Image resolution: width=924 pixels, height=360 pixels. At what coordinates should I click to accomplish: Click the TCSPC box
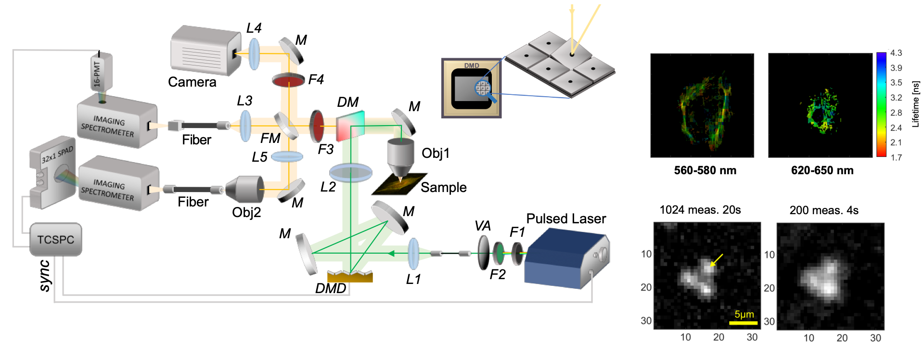[56, 239]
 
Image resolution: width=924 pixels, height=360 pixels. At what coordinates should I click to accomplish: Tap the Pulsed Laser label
[566, 219]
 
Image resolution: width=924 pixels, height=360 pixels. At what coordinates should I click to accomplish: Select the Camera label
[192, 82]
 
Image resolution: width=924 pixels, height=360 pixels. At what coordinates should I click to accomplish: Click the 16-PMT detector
[101, 72]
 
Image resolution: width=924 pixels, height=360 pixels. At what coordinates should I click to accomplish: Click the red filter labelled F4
[288, 80]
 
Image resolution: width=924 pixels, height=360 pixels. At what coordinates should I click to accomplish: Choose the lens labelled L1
[413, 253]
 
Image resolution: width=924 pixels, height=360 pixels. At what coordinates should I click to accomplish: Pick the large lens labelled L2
[351, 172]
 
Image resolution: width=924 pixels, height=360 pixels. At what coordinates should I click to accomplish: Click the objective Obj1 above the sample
[400, 156]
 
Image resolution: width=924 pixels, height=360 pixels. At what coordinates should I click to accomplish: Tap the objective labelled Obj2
[245, 189]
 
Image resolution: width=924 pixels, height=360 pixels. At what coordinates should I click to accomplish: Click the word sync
[44, 276]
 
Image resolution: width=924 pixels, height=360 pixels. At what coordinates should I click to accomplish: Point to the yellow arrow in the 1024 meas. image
[716, 260]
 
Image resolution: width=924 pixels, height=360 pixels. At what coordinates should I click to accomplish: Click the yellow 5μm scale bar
[744, 322]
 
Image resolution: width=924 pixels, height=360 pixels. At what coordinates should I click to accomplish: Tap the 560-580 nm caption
[705, 170]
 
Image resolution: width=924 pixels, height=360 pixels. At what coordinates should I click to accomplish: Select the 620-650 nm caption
[822, 170]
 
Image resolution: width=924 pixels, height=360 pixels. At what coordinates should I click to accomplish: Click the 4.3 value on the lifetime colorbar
[896, 53]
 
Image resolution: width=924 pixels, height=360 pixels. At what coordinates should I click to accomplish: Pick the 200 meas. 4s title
[824, 210]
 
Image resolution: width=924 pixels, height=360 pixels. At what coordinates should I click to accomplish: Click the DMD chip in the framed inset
[472, 89]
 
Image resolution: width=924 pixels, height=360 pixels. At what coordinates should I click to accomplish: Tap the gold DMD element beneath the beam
[350, 277]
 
